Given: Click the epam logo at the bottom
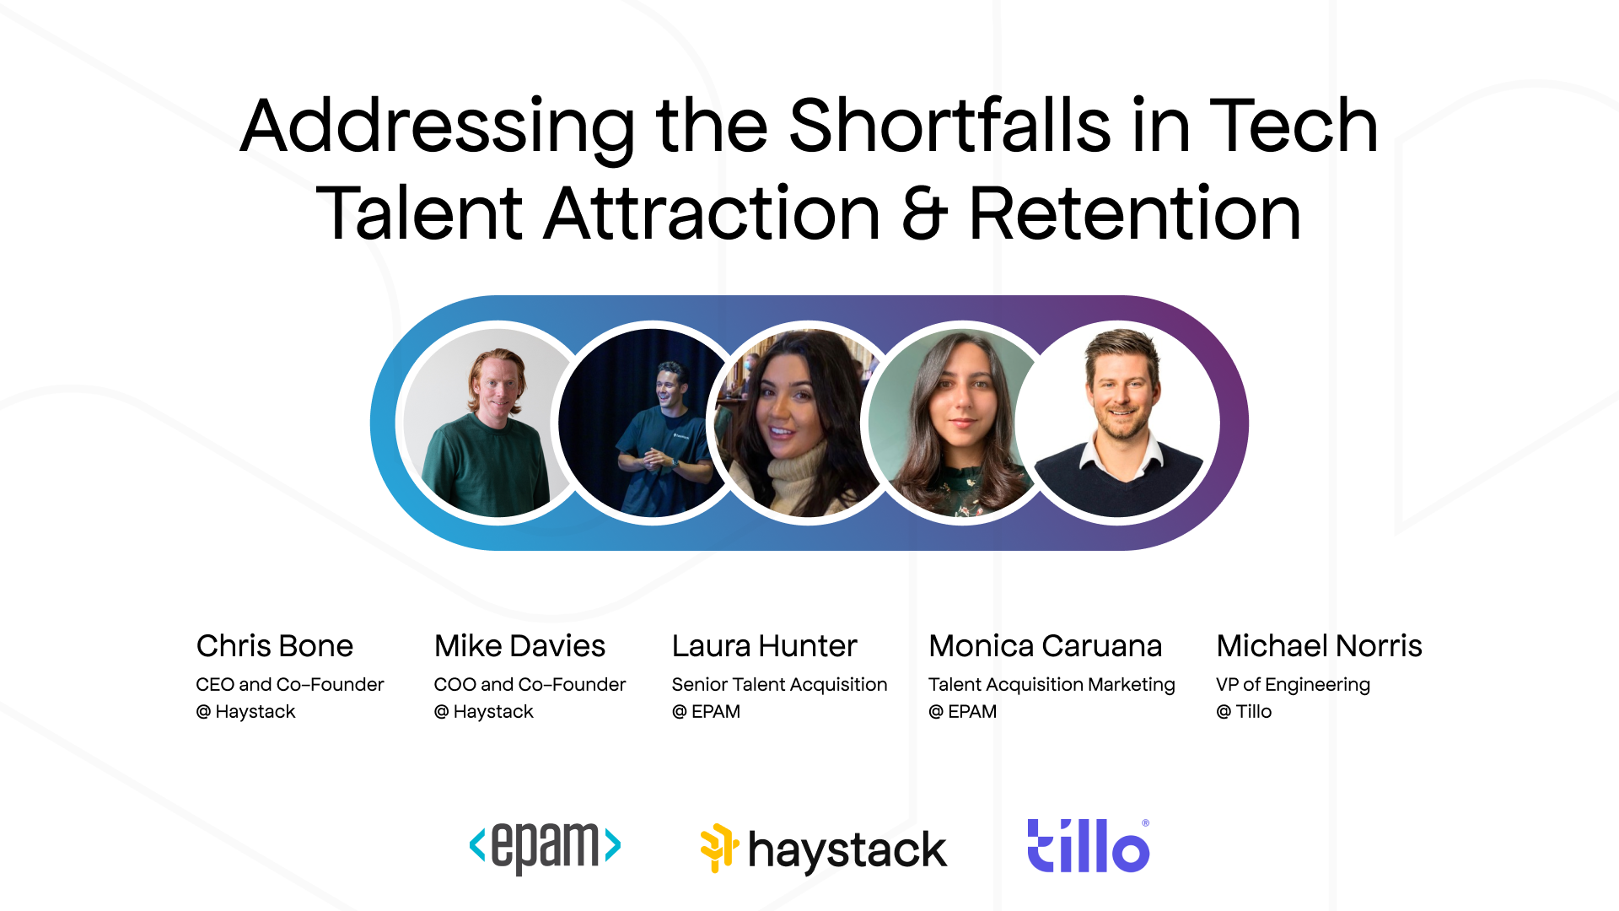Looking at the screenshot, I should point(545,846).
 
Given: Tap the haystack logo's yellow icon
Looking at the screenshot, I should point(718,846).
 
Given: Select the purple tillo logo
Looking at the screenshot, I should point(1088,846).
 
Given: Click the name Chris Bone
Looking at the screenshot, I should point(275,646).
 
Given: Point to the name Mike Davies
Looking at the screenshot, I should point(519,646).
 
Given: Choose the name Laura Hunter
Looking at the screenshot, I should point(764,646).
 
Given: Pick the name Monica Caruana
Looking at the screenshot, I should point(1045,646).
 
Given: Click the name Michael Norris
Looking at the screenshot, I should point(1319,646).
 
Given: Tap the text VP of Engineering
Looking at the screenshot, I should point(1293,685).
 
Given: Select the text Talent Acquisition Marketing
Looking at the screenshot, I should point(1052,685).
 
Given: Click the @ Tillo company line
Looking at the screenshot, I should point(1244,712).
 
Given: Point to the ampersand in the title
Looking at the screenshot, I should point(924,214).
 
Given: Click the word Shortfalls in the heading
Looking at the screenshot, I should point(949,127).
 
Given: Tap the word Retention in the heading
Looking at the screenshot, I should point(1134,214).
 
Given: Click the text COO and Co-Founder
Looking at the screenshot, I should point(530,685).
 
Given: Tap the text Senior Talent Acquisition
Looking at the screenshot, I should point(779,685).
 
